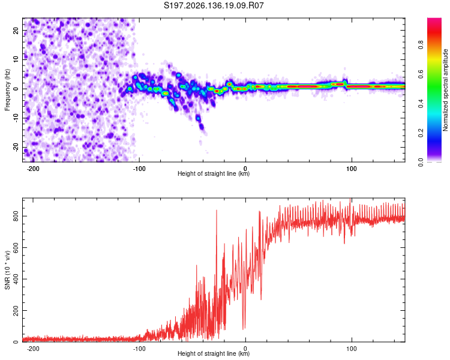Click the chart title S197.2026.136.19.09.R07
point(214,5)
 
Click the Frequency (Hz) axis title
point(7,90)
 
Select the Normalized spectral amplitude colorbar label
point(445,90)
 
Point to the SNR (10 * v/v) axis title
point(7,270)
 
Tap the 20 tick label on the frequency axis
point(16,30)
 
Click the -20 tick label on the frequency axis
point(16,148)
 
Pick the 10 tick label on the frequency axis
point(16,59)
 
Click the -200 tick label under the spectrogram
point(33,169)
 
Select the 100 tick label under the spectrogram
point(351,169)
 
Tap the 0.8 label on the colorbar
point(421,45)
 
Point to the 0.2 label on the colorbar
point(421,133)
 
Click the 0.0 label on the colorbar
point(421,163)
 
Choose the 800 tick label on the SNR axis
point(16,216)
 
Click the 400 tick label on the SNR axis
point(16,279)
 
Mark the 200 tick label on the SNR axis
point(16,311)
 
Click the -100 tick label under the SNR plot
point(139,349)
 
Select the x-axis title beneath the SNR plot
point(214,353)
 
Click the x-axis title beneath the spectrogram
point(214,173)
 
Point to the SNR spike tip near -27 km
point(217,210)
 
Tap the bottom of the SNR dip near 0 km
point(244,329)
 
